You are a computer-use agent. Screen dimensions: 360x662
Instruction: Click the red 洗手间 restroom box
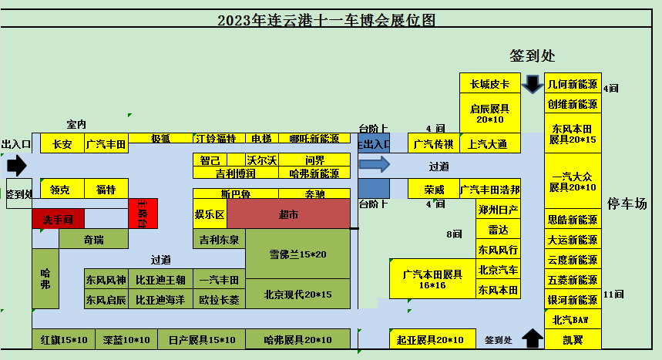(58, 220)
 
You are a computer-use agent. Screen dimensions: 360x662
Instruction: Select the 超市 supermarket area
(288, 214)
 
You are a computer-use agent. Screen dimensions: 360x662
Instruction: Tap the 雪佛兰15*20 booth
(297, 254)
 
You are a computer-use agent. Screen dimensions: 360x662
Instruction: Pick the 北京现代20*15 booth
(297, 294)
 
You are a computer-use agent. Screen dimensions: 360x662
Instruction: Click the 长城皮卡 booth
(489, 84)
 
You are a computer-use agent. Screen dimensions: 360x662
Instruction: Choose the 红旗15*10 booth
(64, 339)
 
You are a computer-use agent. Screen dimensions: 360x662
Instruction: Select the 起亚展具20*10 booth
(430, 339)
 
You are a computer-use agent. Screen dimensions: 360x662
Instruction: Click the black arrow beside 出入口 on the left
(16, 165)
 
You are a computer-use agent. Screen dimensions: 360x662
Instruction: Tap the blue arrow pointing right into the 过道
(375, 164)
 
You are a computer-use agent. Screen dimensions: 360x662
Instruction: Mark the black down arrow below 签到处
(532, 83)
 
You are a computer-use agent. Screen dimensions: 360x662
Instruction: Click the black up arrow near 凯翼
(532, 338)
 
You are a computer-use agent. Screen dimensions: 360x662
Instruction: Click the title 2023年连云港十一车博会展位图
(326, 21)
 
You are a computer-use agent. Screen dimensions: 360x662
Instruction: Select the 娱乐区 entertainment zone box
(209, 214)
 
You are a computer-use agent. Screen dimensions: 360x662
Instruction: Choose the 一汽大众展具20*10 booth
(572, 181)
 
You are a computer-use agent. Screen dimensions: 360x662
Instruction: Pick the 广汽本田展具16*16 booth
(432, 279)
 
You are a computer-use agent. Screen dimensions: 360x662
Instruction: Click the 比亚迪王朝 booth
(160, 279)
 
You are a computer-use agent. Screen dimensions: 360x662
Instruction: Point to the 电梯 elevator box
(261, 139)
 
